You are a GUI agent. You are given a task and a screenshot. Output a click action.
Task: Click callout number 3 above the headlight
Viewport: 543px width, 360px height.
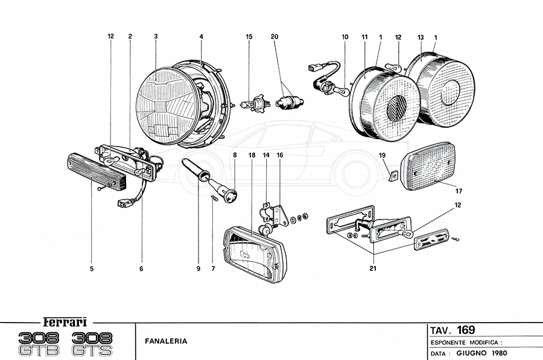[156, 37]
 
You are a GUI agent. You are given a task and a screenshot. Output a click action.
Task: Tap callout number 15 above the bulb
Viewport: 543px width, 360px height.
[249, 37]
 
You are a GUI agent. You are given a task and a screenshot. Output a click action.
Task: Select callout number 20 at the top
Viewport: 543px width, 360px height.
[275, 37]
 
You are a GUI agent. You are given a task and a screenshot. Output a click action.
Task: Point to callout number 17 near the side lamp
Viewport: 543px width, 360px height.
[459, 191]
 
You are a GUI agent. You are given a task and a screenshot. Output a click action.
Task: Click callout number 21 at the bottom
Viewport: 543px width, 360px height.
[373, 268]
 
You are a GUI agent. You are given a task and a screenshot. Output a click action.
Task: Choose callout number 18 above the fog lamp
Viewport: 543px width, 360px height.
[252, 155]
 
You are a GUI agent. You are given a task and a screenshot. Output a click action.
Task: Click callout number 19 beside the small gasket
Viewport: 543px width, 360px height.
[382, 156]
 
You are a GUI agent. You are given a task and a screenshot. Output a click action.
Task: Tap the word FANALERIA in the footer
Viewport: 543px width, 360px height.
[166, 341]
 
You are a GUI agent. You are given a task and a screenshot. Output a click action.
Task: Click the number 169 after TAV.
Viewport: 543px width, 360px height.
[465, 330]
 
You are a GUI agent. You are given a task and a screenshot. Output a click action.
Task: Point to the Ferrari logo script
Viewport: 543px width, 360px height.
[66, 321]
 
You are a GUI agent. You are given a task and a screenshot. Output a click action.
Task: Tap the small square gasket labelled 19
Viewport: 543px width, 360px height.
[392, 176]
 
